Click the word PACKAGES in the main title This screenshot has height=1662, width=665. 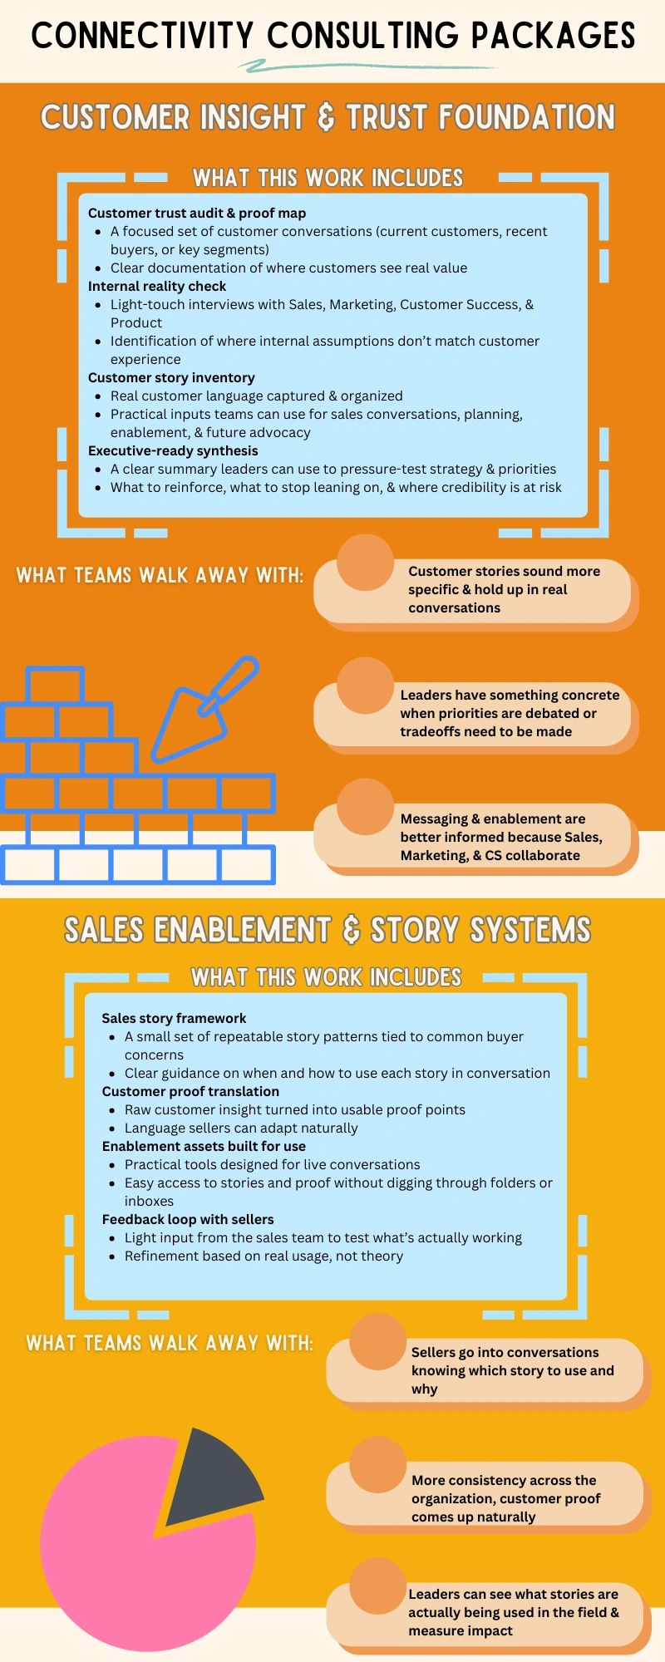point(554,35)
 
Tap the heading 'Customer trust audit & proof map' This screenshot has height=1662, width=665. point(197,214)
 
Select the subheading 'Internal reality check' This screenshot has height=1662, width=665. point(157,287)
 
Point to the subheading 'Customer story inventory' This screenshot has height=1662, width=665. point(171,378)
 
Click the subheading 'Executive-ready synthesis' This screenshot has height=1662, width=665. point(173,451)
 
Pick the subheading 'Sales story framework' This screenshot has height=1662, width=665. point(174,1019)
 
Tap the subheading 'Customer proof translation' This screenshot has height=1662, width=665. point(190,1092)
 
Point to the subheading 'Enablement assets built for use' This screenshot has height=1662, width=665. point(204,1147)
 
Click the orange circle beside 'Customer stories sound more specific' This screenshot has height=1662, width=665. point(365,563)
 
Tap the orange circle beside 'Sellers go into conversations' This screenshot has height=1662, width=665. point(377,1342)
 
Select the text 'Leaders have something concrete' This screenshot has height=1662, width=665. point(510,696)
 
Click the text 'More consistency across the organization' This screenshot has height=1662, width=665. point(504,1489)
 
